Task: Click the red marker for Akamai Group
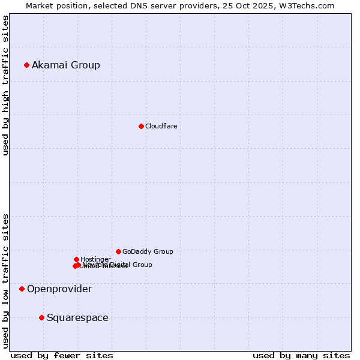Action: point(26,65)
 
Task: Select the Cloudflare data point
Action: point(141,126)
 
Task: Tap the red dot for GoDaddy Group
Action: point(118,251)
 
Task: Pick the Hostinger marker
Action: point(76,259)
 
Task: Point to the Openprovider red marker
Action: point(22,289)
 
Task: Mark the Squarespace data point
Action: point(41,317)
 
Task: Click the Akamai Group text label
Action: point(66,65)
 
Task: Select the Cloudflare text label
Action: point(161,126)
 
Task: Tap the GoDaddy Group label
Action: point(148,251)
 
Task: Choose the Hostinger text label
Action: point(95,259)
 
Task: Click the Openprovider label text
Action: point(59,289)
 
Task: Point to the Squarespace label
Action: point(77,317)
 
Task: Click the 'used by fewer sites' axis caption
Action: point(62,355)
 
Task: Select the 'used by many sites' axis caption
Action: point(301,355)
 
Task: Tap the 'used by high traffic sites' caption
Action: point(5,85)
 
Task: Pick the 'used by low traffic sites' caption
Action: point(5,280)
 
